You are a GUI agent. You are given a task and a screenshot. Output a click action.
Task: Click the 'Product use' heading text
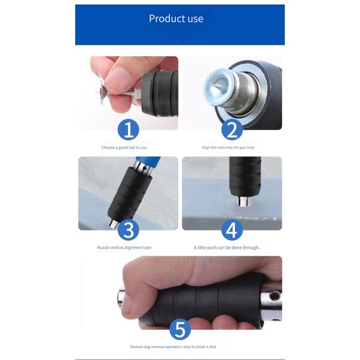click(x=176, y=19)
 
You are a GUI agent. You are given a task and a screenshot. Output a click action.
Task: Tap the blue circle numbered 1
click(x=129, y=130)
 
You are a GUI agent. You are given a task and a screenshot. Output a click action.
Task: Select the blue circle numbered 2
click(x=232, y=130)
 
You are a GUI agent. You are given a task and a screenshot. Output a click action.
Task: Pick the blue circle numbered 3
click(x=129, y=230)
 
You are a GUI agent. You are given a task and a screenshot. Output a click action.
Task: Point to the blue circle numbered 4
click(x=232, y=230)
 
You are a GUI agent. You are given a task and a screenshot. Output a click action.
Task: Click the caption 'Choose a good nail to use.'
click(x=124, y=148)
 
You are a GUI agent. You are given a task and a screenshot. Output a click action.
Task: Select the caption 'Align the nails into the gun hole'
click(x=228, y=148)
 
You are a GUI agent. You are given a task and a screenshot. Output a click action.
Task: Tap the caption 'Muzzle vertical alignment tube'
click(x=124, y=247)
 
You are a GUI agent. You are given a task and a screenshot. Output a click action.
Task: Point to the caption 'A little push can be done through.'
click(x=226, y=247)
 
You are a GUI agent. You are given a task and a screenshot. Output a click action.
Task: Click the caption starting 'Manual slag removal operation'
click(x=173, y=347)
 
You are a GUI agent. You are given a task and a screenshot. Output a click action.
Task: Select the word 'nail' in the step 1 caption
click(x=132, y=147)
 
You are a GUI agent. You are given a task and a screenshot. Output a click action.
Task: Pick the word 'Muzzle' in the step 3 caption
click(x=103, y=247)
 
